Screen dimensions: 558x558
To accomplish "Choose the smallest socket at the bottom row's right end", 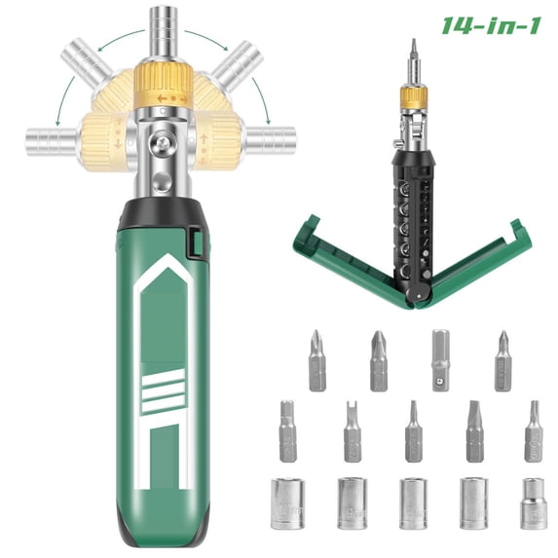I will click(533, 501).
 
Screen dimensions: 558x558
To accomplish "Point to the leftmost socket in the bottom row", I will click(289, 502).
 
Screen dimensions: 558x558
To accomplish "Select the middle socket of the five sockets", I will click(413, 502).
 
